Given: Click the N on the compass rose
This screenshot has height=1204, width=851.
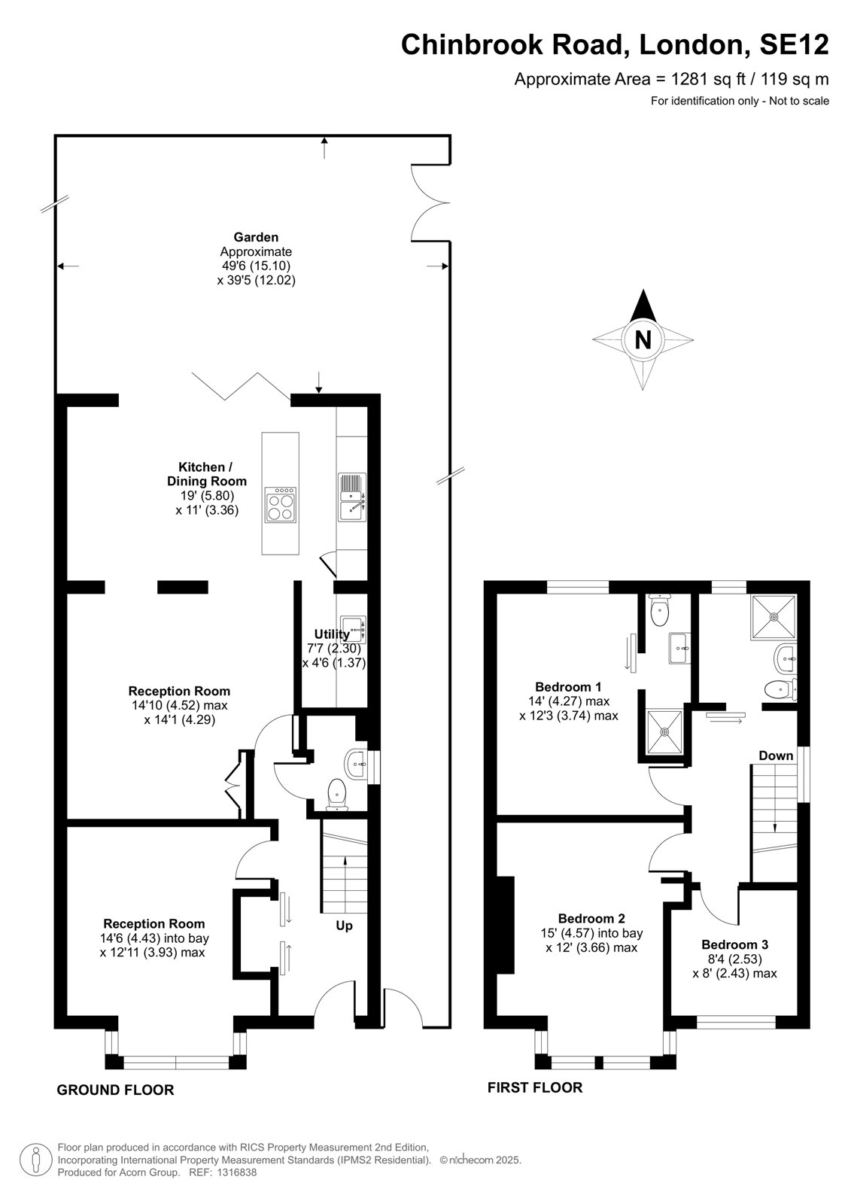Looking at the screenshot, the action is (643, 339).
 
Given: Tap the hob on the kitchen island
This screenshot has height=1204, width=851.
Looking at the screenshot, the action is (280, 505).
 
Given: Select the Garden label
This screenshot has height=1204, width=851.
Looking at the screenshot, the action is (256, 237).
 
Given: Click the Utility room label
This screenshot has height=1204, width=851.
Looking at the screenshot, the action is (332, 634).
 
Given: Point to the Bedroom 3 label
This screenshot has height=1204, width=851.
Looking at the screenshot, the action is (734, 944).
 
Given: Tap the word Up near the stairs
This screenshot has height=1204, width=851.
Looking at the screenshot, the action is (344, 926).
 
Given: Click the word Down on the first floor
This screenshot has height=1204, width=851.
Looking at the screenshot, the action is (776, 756).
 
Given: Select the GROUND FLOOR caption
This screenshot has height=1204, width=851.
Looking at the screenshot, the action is (116, 1090).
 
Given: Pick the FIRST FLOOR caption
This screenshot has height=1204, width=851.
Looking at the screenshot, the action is (535, 1088).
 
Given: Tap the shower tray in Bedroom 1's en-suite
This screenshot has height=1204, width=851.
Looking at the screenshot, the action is (665, 731).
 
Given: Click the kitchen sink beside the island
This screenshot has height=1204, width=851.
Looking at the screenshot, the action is (352, 497).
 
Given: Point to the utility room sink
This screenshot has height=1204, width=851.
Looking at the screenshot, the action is (353, 629).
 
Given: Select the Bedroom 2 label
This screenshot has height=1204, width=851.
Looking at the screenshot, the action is (591, 919).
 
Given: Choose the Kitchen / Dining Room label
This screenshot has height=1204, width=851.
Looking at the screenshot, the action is (206, 474).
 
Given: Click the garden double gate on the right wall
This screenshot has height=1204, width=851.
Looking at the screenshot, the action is (430, 202).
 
